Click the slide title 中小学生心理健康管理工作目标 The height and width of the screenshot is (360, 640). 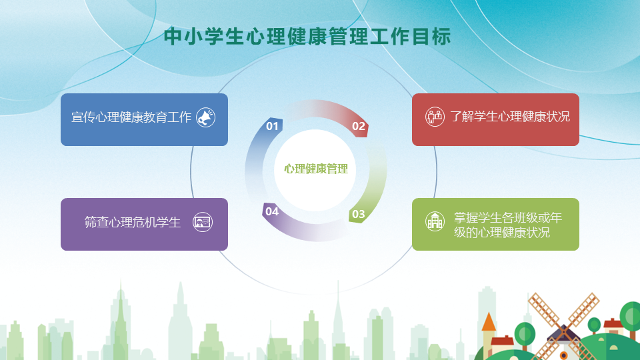(x=307, y=37)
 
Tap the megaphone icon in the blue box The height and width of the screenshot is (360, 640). (x=206, y=117)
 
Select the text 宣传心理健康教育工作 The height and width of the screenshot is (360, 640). (x=131, y=117)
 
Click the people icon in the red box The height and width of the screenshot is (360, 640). (x=435, y=117)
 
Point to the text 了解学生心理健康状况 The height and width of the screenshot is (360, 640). (x=510, y=117)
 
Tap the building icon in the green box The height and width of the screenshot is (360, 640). (x=435, y=221)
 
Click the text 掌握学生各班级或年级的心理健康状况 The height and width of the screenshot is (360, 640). (x=508, y=225)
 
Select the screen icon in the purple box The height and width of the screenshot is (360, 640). (x=203, y=222)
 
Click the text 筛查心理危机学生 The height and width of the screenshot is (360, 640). (x=132, y=222)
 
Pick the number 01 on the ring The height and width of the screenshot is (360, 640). (x=272, y=126)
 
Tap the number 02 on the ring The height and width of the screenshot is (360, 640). (x=359, y=126)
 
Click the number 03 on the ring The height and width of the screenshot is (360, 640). (x=359, y=214)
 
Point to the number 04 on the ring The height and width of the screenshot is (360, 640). (x=272, y=211)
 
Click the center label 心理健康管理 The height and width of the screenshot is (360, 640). (x=316, y=169)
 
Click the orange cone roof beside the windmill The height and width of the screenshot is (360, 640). (x=489, y=321)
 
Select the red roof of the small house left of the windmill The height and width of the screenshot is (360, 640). (x=503, y=341)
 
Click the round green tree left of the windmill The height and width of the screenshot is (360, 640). (x=525, y=333)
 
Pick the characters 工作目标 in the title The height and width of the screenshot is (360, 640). (x=411, y=37)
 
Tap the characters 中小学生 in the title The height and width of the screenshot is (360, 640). (x=204, y=37)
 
